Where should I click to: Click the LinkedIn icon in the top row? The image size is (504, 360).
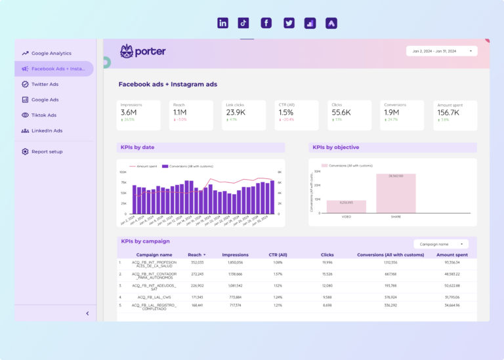(222, 23)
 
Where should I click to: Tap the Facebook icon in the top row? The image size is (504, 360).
(266, 23)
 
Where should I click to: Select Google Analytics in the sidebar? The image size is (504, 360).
(51, 53)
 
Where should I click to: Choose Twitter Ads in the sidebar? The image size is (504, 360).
(45, 84)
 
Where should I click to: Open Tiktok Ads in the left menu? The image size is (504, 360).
(44, 115)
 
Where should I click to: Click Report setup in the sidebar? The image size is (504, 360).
(47, 151)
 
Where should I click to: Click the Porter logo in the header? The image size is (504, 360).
(143, 51)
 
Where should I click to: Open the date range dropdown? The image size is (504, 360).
(442, 50)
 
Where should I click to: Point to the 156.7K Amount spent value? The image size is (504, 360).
(448, 113)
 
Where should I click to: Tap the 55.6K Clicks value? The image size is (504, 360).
(341, 113)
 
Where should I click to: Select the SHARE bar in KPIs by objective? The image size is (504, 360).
(396, 193)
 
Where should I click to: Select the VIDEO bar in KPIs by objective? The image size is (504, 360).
(346, 207)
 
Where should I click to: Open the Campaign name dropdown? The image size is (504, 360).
(441, 243)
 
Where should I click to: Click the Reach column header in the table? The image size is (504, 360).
(196, 254)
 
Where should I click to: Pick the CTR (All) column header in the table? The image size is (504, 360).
(278, 254)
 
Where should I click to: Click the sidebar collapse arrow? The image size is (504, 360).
(87, 313)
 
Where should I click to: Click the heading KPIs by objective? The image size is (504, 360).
(335, 148)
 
